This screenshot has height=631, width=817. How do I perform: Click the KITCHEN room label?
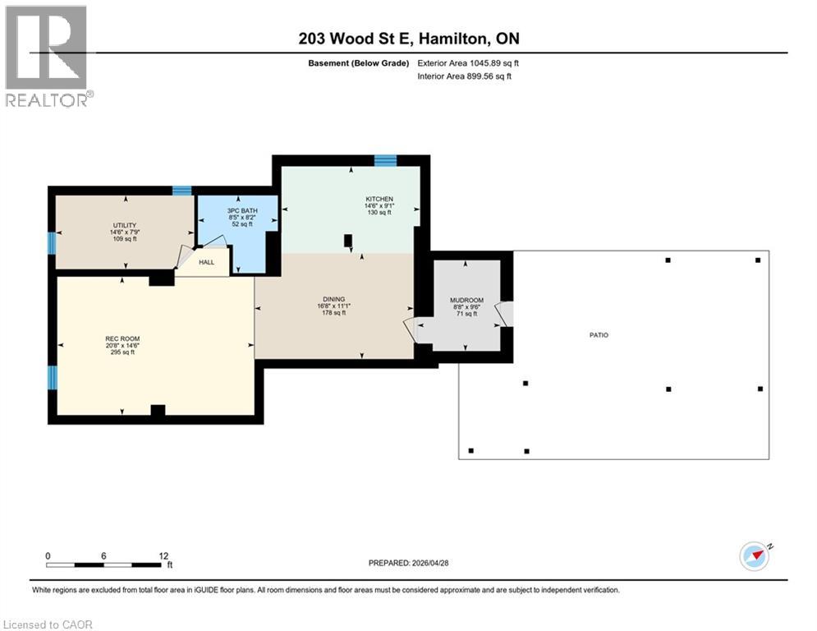coord(379,199)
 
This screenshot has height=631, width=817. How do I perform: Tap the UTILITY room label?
coord(125,225)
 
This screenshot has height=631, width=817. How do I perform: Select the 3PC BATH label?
coord(242,210)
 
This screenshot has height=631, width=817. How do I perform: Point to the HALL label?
coord(206,262)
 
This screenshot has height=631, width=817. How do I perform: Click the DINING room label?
coord(334,299)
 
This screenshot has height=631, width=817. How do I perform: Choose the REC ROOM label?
coord(122,339)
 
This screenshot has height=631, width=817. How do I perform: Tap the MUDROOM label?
coord(467,301)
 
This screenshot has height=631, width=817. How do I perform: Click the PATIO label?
coord(599,335)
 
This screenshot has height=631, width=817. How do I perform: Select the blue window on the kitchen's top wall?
coord(386,160)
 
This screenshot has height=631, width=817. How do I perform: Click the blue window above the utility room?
coord(182,191)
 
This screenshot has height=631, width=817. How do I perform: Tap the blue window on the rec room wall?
coord(52,378)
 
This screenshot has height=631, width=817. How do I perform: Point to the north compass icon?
coord(755,556)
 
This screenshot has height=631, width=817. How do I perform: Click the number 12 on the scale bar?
coord(163,556)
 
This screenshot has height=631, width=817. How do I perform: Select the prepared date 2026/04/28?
coord(430,563)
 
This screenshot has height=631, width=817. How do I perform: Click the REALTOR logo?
coord(47,57)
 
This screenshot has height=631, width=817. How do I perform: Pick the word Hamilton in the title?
coord(453,39)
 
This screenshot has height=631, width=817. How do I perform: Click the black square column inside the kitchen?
coord(348,241)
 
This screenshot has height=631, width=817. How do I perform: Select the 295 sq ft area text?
coord(122,352)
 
